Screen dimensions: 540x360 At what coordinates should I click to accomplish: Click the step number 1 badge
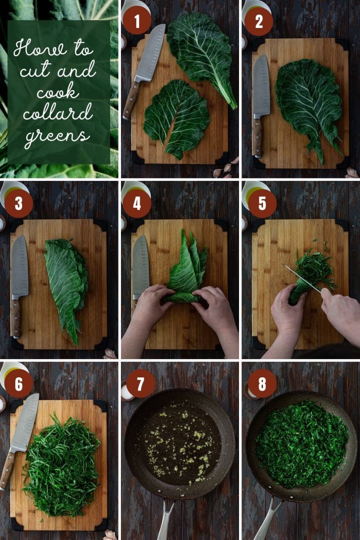pos(137,21)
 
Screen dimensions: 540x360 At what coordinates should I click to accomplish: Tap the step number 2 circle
pos(259,21)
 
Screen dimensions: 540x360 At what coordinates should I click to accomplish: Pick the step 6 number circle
pos(19,384)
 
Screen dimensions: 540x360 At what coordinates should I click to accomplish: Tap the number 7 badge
pos(141,384)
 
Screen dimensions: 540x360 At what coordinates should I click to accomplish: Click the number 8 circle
pos(262,384)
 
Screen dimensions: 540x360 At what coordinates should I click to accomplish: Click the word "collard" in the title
pos(58,114)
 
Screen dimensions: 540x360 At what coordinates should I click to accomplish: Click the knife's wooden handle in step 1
pos(131,100)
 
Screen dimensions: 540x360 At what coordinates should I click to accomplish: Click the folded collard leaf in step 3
pos(67,284)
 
